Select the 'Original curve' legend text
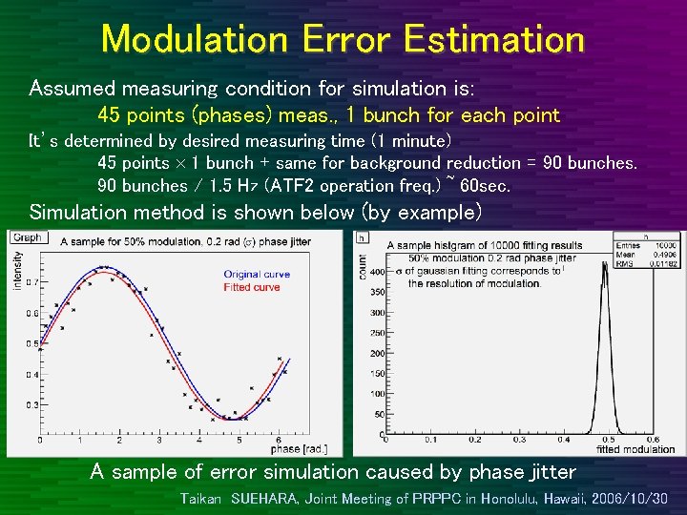click(257, 275)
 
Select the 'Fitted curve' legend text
click(252, 287)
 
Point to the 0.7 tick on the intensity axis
click(32, 282)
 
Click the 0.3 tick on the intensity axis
click(32, 404)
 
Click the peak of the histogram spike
click(604, 265)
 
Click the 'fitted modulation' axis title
click(621, 448)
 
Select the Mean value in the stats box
click(659, 255)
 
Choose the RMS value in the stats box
click(657, 263)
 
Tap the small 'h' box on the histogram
click(362, 237)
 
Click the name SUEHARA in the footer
click(269, 498)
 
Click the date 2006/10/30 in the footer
click(629, 498)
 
